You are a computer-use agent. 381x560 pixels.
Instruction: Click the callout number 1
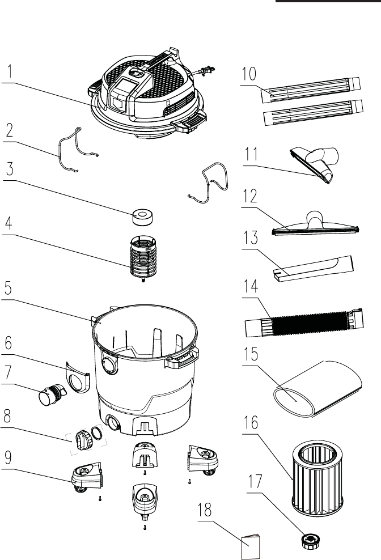click(x=10, y=73)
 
